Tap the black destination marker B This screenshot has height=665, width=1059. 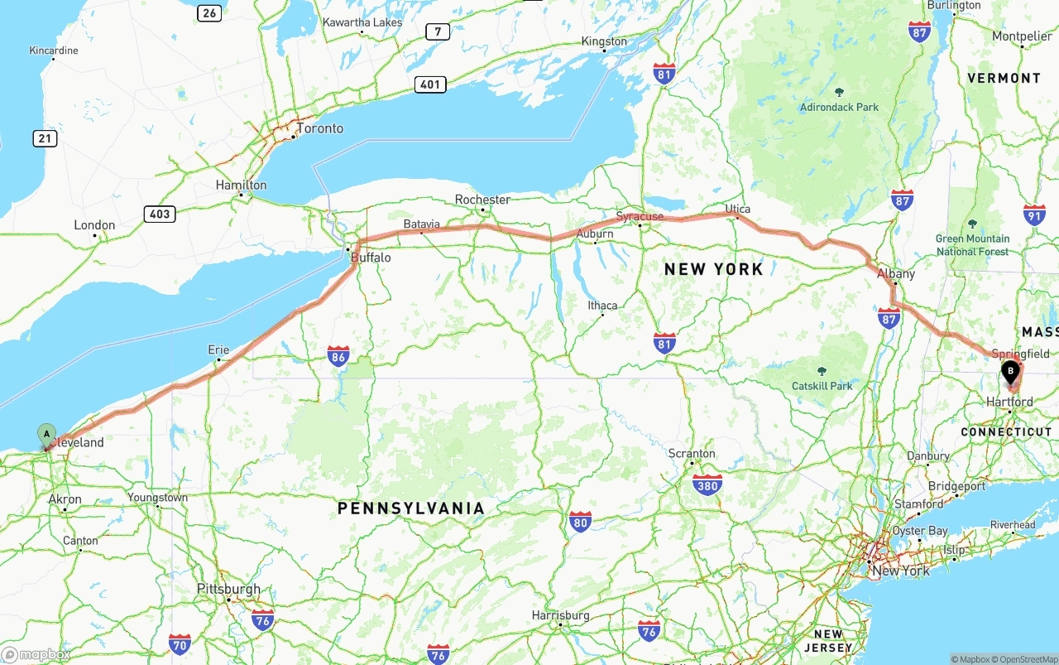click(x=1010, y=372)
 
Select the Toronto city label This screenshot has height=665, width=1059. click(x=319, y=128)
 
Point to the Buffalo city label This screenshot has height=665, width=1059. click(x=371, y=258)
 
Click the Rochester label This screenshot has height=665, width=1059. click(x=482, y=200)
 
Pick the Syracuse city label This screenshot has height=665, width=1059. click(x=640, y=216)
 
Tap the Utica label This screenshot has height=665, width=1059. click(x=737, y=208)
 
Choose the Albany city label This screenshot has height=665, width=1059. click(x=896, y=273)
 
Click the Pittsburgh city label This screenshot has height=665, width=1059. click(x=228, y=589)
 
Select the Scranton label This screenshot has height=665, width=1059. click(x=692, y=453)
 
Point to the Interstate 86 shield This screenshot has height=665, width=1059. click(x=338, y=356)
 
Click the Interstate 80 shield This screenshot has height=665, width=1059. click(x=580, y=522)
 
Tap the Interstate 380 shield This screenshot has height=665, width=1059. click(x=707, y=484)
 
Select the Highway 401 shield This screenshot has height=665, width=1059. click(x=432, y=84)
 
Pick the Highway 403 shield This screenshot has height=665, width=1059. click(x=159, y=214)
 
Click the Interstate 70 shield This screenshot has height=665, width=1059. click(x=180, y=643)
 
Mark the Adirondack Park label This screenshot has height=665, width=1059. click(x=839, y=107)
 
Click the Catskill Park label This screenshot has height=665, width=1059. click(x=822, y=386)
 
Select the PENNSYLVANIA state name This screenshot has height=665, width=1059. click(x=411, y=508)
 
